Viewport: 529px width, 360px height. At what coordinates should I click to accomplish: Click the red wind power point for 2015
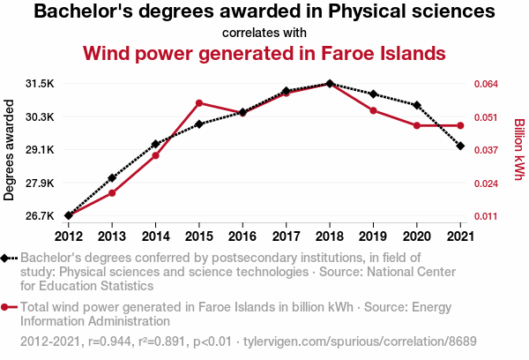pyautogui.click(x=199, y=103)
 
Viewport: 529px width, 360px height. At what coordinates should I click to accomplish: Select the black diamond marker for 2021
pyautogui.click(x=460, y=146)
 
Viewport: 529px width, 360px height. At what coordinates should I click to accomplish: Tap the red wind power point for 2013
pyautogui.click(x=112, y=192)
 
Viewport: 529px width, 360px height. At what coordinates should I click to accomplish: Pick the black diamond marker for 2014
pyautogui.click(x=155, y=144)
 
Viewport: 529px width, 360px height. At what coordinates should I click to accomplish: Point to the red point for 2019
pyautogui.click(x=373, y=110)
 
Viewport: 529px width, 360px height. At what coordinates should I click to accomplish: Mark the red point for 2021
pyautogui.click(x=460, y=125)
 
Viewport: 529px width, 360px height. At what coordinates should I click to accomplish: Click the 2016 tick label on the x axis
pyautogui.click(x=242, y=236)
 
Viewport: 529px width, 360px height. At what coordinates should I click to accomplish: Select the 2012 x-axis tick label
pyautogui.click(x=69, y=236)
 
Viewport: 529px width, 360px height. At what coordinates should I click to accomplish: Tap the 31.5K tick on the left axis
pyautogui.click(x=40, y=84)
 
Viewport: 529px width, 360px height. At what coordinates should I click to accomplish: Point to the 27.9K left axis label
pyautogui.click(x=40, y=183)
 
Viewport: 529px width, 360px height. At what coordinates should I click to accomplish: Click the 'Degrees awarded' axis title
pyautogui.click(x=10, y=150)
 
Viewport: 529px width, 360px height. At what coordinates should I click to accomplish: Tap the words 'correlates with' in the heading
pyautogui.click(x=264, y=33)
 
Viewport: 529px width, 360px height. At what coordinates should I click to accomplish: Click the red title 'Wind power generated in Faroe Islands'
pyautogui.click(x=264, y=53)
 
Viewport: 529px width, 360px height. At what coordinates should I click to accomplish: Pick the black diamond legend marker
pyautogui.click(x=8, y=258)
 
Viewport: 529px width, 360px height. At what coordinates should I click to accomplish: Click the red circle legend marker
pyautogui.click(x=8, y=307)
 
